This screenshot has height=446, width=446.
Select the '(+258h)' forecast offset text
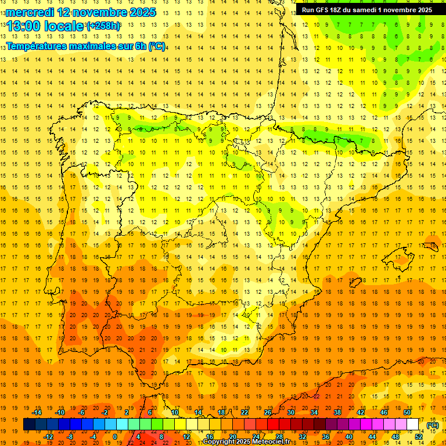[103, 26]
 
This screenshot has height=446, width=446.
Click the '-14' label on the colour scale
[37, 412]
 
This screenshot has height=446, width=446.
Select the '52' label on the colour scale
[419, 436]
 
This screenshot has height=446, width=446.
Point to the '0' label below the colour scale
[114, 436]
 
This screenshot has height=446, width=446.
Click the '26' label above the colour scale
[268, 412]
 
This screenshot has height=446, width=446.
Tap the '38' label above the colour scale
[337, 412]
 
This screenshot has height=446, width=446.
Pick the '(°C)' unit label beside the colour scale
[433, 425]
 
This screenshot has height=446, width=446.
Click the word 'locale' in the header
[64, 26]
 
